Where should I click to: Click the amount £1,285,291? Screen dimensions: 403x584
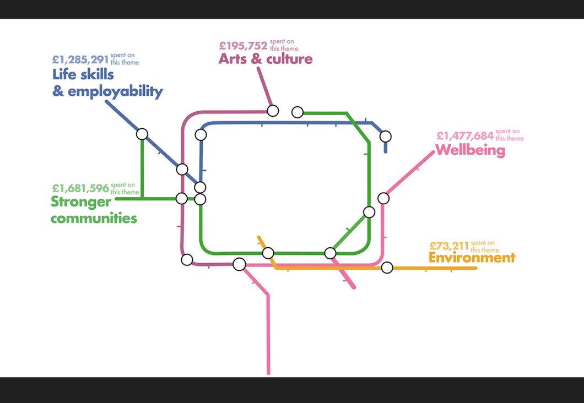[x=80, y=59]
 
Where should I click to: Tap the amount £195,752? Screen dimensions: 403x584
[x=243, y=46]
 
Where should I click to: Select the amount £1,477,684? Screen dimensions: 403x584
[x=464, y=135]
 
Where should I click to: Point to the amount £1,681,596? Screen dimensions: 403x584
[x=80, y=189]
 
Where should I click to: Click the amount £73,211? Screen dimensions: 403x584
[x=448, y=246]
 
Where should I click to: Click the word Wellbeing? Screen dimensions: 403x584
[x=470, y=150]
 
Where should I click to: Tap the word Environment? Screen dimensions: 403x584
[x=472, y=258]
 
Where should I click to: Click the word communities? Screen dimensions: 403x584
[x=94, y=219]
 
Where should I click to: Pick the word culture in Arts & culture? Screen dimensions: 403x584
[x=289, y=59]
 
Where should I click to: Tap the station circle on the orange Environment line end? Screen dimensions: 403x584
[x=387, y=268]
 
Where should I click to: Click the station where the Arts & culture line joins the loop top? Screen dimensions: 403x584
[x=273, y=111]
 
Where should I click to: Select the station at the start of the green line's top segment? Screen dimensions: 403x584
[x=298, y=112]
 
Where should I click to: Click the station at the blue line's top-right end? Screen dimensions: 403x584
[x=386, y=136]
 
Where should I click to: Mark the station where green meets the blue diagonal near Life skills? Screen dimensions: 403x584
[x=142, y=134]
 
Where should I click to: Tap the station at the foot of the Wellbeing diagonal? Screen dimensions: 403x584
[x=383, y=198]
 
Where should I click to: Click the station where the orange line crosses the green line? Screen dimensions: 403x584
[x=268, y=253]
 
